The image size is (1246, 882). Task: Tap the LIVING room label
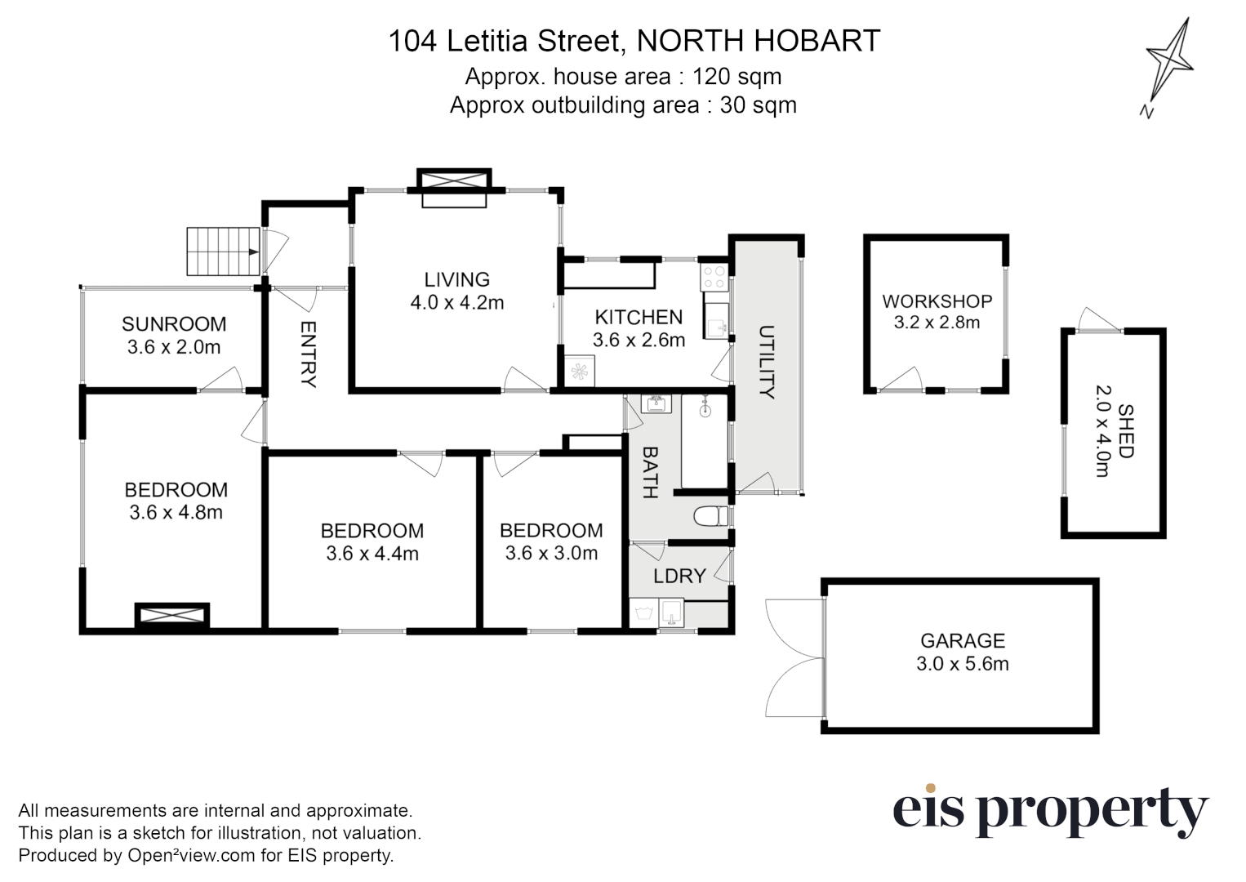click(456, 279)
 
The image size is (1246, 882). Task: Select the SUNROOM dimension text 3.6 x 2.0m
click(174, 347)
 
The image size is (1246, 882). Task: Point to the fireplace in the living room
click(454, 188)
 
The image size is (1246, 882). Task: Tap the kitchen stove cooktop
click(715, 277)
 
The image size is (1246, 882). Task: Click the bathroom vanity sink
click(656, 403)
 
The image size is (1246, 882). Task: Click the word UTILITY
click(766, 362)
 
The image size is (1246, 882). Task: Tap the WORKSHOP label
click(937, 301)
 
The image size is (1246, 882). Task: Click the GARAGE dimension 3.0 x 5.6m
click(962, 664)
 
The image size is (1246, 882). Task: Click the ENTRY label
click(308, 354)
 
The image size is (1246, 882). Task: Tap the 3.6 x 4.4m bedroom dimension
click(372, 554)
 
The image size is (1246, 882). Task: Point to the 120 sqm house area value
click(736, 77)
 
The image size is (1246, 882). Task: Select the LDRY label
click(679, 576)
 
